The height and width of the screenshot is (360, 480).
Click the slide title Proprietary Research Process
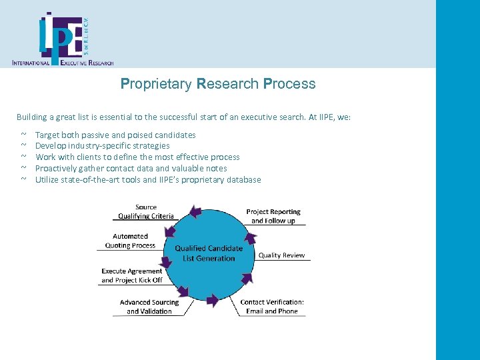[217, 84]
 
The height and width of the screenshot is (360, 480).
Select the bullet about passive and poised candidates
[115, 135]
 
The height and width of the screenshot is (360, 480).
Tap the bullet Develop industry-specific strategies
[102, 146]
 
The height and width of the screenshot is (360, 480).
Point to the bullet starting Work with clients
[137, 157]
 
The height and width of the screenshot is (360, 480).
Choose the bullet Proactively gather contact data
[131, 169]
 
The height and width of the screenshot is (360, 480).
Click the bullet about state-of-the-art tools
[147, 180]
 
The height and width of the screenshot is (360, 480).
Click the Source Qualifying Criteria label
[145, 211]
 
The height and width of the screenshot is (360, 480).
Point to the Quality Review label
[281, 255]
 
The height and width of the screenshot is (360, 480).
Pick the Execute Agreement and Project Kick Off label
[132, 275]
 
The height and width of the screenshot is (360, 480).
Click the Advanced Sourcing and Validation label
[149, 307]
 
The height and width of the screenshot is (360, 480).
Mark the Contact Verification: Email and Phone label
[271, 307]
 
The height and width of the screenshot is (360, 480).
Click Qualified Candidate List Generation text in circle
[209, 253]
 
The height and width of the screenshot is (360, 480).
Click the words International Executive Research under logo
[63, 63]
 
